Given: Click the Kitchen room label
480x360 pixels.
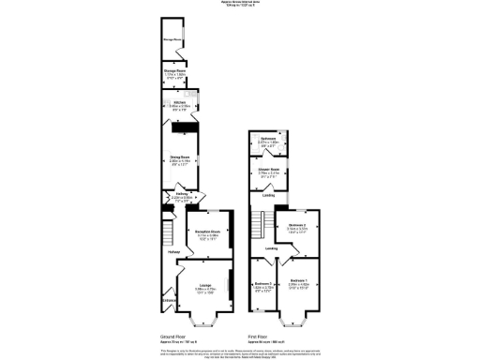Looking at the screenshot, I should (178, 102).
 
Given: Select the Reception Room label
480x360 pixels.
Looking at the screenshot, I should (207, 231).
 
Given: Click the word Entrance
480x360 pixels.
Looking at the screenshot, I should (170, 301).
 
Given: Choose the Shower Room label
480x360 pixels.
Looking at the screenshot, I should (268, 169).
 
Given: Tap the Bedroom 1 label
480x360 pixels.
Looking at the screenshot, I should (299, 280).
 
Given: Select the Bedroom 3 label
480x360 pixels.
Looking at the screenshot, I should (263, 283).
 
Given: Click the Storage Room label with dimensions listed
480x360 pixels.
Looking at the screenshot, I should (179, 68).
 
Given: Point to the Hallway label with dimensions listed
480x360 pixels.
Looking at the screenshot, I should (181, 194).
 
